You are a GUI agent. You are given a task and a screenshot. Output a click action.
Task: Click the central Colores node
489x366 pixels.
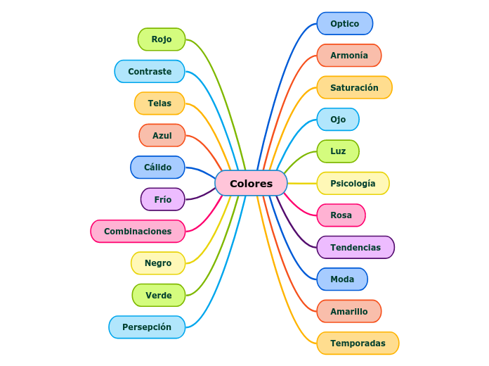click(251, 183)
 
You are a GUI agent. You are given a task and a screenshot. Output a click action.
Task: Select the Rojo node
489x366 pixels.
click(162, 39)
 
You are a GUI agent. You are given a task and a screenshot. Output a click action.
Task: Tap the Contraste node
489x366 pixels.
click(150, 71)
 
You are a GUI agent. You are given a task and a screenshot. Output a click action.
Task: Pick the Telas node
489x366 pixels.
click(159, 103)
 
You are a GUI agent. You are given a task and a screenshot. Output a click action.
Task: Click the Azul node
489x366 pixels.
click(162, 135)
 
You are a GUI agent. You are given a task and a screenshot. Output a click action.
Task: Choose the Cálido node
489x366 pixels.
click(157, 168)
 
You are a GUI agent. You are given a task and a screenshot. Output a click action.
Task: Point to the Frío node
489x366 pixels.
click(163, 199)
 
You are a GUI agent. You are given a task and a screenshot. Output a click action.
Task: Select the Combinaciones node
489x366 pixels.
click(138, 231)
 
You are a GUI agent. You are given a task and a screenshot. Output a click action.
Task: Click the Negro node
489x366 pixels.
click(158, 263)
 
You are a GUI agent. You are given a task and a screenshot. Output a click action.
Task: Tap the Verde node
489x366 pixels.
click(159, 295)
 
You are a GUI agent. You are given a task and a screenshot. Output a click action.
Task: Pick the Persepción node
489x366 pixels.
click(147, 327)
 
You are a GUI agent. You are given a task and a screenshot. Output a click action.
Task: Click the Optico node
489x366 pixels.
click(344, 23)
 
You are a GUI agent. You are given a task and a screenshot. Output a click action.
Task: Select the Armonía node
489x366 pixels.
click(349, 56)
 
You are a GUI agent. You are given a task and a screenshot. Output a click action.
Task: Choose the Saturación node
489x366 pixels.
click(354, 87)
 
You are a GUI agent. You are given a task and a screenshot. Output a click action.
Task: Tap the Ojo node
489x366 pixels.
click(338, 120)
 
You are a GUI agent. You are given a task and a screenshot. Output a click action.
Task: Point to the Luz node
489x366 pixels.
click(338, 151)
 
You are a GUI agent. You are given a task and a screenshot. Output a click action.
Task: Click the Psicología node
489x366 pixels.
click(353, 184)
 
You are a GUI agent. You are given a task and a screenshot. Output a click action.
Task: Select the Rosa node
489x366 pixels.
click(341, 215)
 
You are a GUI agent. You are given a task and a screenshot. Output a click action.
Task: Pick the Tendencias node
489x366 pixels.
click(356, 247)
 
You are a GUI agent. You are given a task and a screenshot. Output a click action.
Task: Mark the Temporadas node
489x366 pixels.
click(358, 343)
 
